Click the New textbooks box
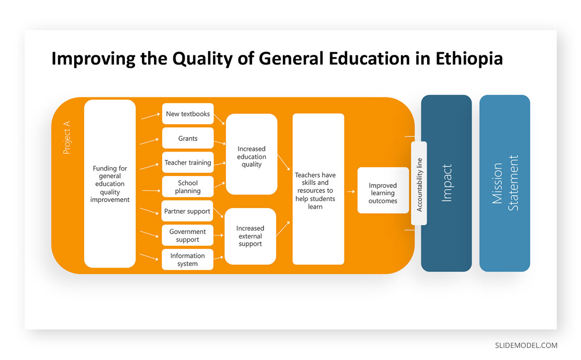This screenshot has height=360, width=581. [x=188, y=114]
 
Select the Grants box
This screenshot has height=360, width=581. [x=188, y=138]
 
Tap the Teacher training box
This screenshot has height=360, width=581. [x=188, y=162]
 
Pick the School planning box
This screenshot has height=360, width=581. [x=188, y=187]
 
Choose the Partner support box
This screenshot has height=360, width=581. [x=187, y=211]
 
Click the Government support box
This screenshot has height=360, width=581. [x=187, y=235]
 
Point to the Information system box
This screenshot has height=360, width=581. [x=187, y=260]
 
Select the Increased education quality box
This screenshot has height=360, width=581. [x=252, y=154]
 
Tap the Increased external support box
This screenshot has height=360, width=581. [x=250, y=236]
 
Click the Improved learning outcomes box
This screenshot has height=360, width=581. [x=383, y=190]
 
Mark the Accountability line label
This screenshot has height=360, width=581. [x=419, y=185]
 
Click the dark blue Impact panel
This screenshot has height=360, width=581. [x=446, y=183]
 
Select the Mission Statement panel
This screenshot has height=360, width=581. [x=505, y=183]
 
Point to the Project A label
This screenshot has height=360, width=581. [x=67, y=138]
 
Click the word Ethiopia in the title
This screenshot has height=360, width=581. [x=469, y=59]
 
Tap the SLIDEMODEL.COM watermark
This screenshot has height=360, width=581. [x=526, y=345]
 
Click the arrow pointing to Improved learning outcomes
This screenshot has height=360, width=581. [x=351, y=191]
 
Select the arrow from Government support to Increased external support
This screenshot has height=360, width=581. [x=218, y=235]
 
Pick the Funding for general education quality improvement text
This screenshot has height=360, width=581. [x=110, y=184]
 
